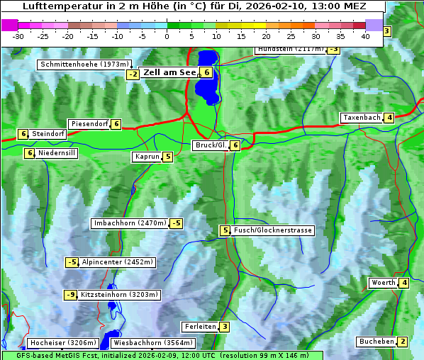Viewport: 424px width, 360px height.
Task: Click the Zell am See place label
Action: pos(170,72)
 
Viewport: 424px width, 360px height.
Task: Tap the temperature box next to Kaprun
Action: pos(167,157)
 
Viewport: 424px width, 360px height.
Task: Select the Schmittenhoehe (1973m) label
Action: pos(84,64)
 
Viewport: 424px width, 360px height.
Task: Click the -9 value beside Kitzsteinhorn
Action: pos(70,295)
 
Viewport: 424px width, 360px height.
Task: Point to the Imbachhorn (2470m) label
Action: pos(130,224)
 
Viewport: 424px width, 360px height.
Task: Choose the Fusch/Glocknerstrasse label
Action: pos(272,230)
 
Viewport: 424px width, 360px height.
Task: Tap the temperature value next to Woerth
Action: pos(404,283)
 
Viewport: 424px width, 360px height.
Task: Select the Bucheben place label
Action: pos(376,342)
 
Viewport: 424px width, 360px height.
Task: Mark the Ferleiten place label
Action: pos(199,327)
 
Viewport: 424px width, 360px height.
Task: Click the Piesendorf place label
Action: pos(89,124)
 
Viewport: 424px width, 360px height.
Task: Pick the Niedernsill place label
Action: pos(57,152)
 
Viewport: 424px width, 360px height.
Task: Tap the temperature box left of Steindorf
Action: pos(23,134)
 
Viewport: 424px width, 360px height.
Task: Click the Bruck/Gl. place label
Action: pos(211,145)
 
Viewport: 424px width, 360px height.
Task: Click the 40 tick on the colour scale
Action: pos(365,35)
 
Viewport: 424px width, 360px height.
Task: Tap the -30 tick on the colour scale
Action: pos(18,35)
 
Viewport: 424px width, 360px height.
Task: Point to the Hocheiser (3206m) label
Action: pos(57,343)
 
